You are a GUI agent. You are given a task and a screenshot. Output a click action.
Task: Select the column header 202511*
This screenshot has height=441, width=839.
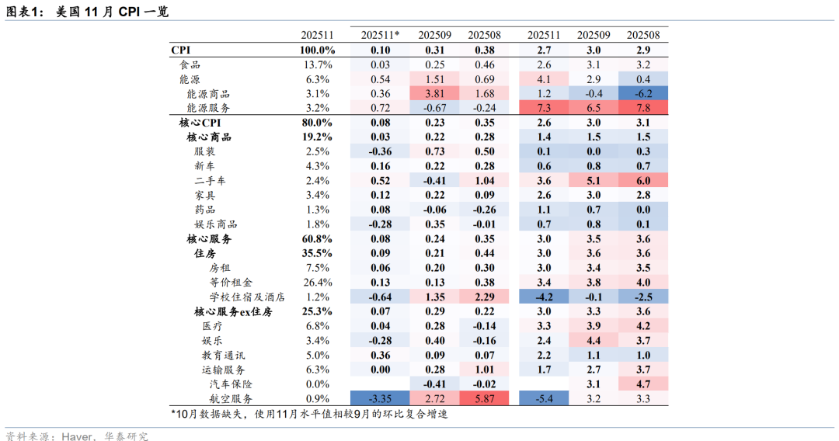381,35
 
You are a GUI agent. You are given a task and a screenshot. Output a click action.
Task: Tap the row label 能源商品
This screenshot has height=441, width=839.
208,94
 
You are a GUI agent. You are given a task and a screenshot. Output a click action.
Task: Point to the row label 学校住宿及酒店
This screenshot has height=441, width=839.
247,297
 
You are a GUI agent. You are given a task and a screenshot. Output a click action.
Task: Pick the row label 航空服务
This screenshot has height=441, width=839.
232,398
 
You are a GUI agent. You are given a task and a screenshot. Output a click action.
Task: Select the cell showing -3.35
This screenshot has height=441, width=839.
381,398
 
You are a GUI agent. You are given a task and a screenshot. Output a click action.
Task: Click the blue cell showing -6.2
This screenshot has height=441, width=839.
643,94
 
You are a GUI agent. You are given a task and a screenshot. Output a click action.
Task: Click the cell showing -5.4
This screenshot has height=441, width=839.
544,398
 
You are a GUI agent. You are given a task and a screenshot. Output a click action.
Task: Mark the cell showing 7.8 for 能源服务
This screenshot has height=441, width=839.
643,108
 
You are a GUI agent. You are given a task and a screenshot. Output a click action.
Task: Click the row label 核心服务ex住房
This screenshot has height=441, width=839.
233,311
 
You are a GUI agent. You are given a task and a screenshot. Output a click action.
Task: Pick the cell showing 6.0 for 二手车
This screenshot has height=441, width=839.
643,181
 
